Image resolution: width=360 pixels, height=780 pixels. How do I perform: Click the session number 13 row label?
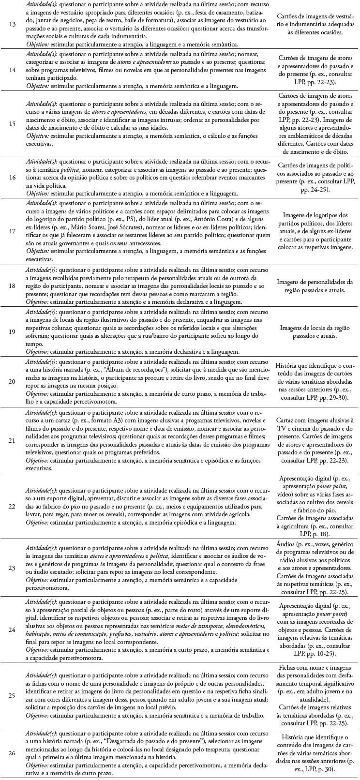pyautogui.click(x=13, y=23)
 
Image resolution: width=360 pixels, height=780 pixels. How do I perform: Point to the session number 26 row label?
pyautogui.click(x=13, y=754)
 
